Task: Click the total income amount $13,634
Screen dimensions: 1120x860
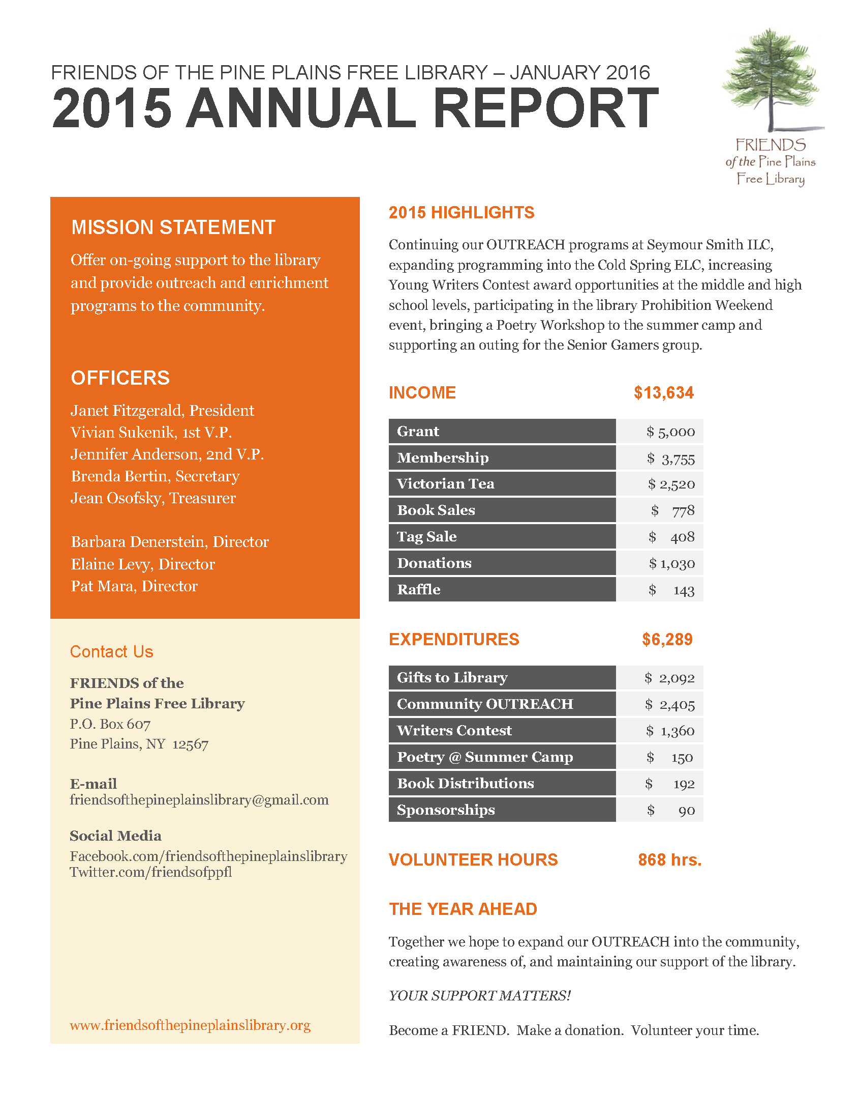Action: pyautogui.click(x=663, y=393)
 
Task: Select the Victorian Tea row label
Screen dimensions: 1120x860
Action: pyautogui.click(x=445, y=483)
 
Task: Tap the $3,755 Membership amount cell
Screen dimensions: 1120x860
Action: pyautogui.click(x=670, y=458)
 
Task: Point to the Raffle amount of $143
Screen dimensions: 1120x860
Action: pyautogui.click(x=671, y=590)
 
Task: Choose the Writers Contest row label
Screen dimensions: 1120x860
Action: pyautogui.click(x=454, y=731)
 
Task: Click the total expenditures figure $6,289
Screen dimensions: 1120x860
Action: pyautogui.click(x=667, y=640)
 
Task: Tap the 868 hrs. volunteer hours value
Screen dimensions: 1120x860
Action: pyautogui.click(x=669, y=860)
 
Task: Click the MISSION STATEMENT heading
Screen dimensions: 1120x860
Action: pyautogui.click(x=173, y=227)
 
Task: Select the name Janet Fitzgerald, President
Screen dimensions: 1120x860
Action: pyautogui.click(x=162, y=410)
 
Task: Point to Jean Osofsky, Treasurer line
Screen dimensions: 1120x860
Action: pyautogui.click(x=153, y=498)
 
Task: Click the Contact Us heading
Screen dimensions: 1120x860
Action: pyautogui.click(x=112, y=652)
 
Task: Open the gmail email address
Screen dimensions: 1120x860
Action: pyautogui.click(x=199, y=800)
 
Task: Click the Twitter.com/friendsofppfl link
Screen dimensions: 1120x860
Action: pyautogui.click(x=151, y=872)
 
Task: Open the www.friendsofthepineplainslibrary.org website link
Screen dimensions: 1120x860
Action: pyautogui.click(x=190, y=1025)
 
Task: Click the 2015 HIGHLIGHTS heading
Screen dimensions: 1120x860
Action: pyautogui.click(x=461, y=213)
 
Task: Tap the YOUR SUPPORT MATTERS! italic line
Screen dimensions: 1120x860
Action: pyautogui.click(x=479, y=995)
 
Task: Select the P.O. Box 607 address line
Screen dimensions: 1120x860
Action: pyautogui.click(x=110, y=724)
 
